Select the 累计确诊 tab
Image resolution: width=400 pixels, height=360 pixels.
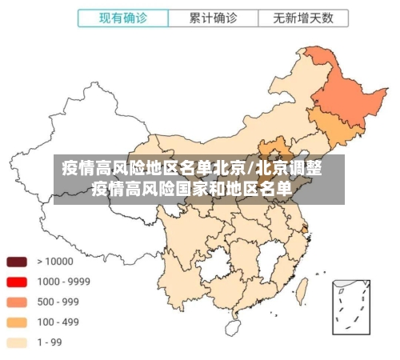(x=213, y=17)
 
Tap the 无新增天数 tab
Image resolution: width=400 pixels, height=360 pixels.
(x=302, y=17)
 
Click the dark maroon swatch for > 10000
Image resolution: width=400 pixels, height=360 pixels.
(x=17, y=261)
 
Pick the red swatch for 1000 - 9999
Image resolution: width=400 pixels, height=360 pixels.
(x=17, y=282)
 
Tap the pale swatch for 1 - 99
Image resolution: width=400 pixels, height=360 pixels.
(x=17, y=342)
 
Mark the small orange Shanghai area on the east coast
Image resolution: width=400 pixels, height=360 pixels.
(x=305, y=230)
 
